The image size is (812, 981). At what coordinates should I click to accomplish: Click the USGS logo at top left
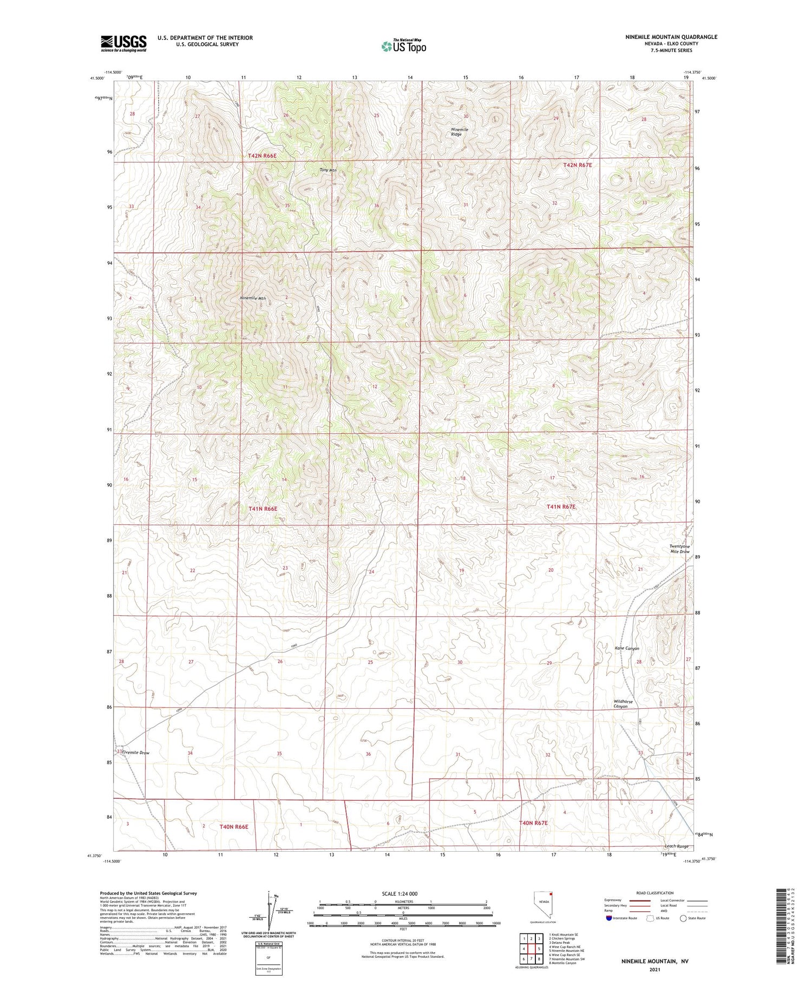pyautogui.click(x=123, y=43)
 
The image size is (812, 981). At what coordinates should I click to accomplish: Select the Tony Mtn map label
pyautogui.click(x=328, y=170)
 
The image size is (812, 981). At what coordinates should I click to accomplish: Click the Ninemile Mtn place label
pyautogui.click(x=253, y=298)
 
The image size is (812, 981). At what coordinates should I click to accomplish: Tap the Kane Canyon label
pyautogui.click(x=626, y=648)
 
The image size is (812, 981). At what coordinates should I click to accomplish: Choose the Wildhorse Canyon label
pyautogui.click(x=623, y=704)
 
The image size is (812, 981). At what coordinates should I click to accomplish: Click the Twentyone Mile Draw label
pyautogui.click(x=679, y=549)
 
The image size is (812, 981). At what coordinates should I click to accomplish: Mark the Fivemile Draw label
pyautogui.click(x=135, y=753)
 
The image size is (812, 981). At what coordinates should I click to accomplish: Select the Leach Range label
pyautogui.click(x=676, y=846)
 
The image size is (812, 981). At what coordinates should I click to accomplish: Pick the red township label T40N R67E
pyautogui.click(x=533, y=823)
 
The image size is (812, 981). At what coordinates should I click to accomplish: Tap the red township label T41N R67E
pyautogui.click(x=561, y=507)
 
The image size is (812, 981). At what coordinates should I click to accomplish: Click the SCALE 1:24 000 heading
pyautogui.click(x=403, y=893)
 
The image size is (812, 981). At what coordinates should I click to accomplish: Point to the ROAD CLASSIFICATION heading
pyautogui.click(x=655, y=893)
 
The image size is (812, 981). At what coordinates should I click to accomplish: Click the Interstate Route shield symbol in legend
pyautogui.click(x=609, y=918)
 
